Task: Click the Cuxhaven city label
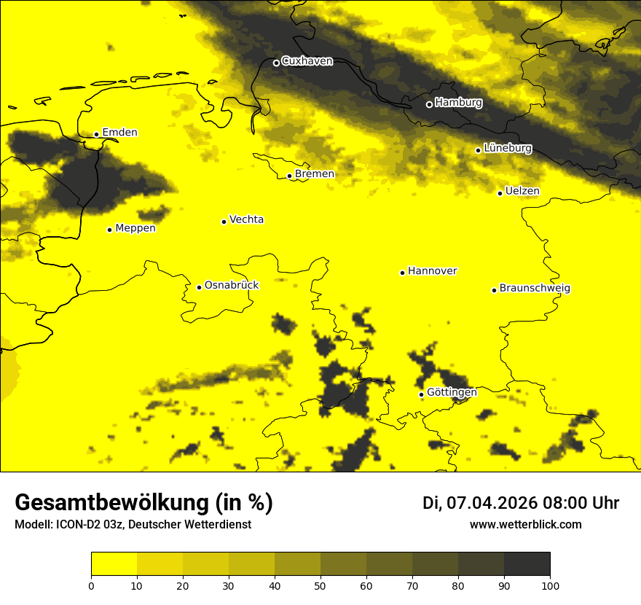[x=307, y=61]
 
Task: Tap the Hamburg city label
[x=458, y=103]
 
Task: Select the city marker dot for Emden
[x=96, y=134]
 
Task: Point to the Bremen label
[x=315, y=174]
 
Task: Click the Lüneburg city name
[x=508, y=148]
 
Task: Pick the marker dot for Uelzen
[x=500, y=193]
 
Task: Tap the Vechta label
[x=246, y=219]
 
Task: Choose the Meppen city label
[x=135, y=228]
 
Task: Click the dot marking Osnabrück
[x=199, y=287]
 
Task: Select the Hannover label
[x=432, y=271]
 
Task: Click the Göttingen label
[x=452, y=393]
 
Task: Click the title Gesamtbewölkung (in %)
[x=143, y=503]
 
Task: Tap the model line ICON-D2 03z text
[x=133, y=525]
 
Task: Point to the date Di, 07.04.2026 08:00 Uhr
[x=520, y=503]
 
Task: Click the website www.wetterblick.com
[x=525, y=525]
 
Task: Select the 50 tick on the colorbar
[x=320, y=585]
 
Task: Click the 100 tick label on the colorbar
[x=550, y=585]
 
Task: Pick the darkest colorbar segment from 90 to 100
[x=527, y=564]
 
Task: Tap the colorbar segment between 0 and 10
[x=114, y=564]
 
